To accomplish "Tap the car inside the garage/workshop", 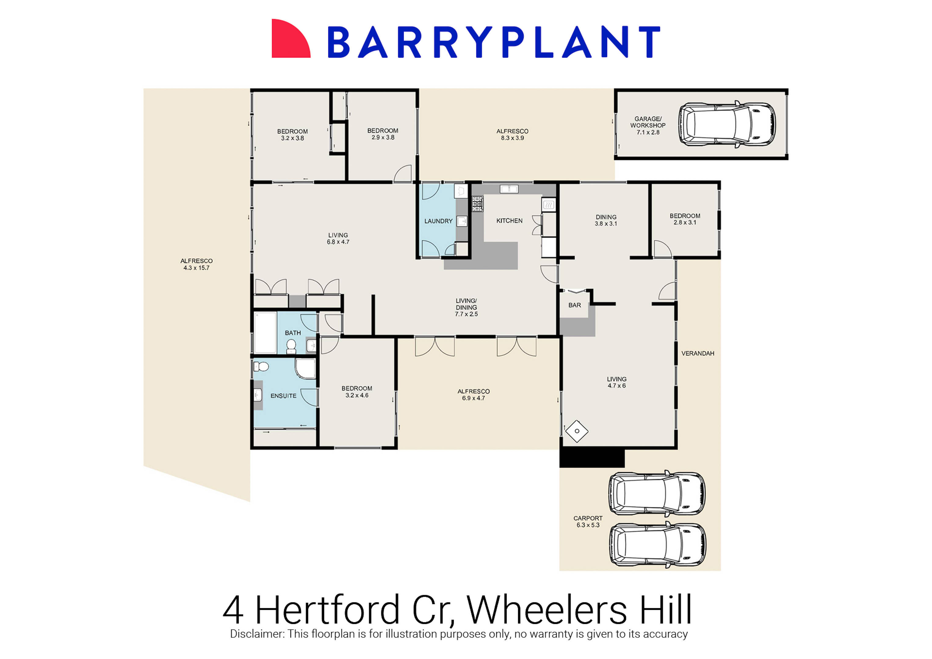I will click(727, 124).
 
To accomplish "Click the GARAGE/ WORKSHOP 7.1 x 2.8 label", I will click(648, 125).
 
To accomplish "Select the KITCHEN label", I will click(509, 221).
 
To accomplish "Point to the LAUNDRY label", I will click(438, 221).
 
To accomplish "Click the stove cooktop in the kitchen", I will click(477, 204).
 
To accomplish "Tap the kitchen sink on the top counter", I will click(509, 189).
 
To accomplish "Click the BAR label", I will click(574, 305).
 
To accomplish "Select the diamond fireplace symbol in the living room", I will click(576, 431).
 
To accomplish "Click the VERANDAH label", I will click(697, 353).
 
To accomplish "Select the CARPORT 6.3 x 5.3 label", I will click(588, 521).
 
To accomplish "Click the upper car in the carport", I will click(656, 494).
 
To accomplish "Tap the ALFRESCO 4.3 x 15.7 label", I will click(197, 264).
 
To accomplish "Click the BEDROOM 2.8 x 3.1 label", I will click(685, 219).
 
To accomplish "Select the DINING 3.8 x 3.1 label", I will click(606, 220).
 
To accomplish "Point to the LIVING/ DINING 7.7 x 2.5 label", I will click(466, 307).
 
